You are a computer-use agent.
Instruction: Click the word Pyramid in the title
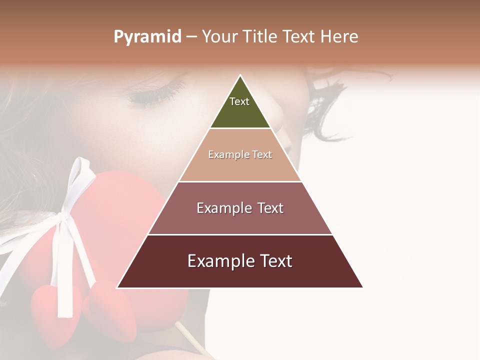click(147, 36)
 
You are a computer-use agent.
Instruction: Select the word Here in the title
click(339, 36)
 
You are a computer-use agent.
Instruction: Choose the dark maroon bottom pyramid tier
click(240, 275)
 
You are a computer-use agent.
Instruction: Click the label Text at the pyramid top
click(239, 101)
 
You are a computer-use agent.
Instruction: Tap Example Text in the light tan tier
click(240, 154)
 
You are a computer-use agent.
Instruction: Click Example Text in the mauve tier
click(240, 208)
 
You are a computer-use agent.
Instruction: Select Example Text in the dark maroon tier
click(240, 261)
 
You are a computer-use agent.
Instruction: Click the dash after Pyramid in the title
click(191, 37)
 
